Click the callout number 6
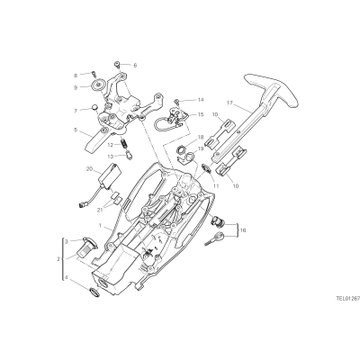pos(135,65)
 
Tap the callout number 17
pos(230,103)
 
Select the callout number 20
pos(89,169)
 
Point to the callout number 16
pos(243,230)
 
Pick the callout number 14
pos(201,99)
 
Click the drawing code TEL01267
pos(348,299)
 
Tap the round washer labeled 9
pos(98,85)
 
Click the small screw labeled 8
pos(94,73)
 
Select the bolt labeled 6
pos(117,64)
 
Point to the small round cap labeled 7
pos(95,107)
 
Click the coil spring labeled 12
pos(122,144)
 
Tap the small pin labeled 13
pos(130,156)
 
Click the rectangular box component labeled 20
pos(112,176)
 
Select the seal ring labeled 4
pos(94,292)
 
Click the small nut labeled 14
pos(178,100)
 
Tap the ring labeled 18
pos(182,148)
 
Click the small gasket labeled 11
pos(206,167)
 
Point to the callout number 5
pos(76,130)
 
